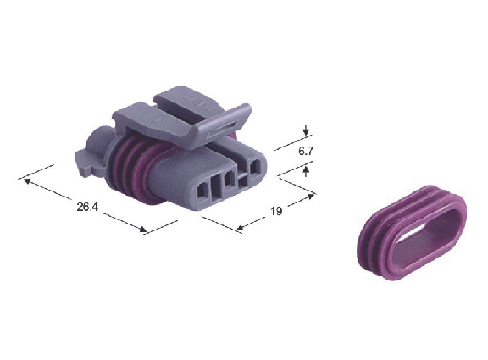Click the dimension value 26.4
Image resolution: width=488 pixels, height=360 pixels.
click(x=87, y=207)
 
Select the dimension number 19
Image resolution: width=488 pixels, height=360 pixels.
click(x=275, y=211)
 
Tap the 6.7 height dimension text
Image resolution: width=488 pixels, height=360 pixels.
click(x=305, y=152)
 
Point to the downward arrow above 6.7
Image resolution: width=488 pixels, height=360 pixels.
click(x=307, y=130)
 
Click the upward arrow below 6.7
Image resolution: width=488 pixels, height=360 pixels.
click(x=306, y=171)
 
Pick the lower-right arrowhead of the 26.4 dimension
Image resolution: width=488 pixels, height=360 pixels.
click(x=142, y=230)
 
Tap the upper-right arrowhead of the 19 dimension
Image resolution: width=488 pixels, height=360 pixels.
click(x=310, y=196)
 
